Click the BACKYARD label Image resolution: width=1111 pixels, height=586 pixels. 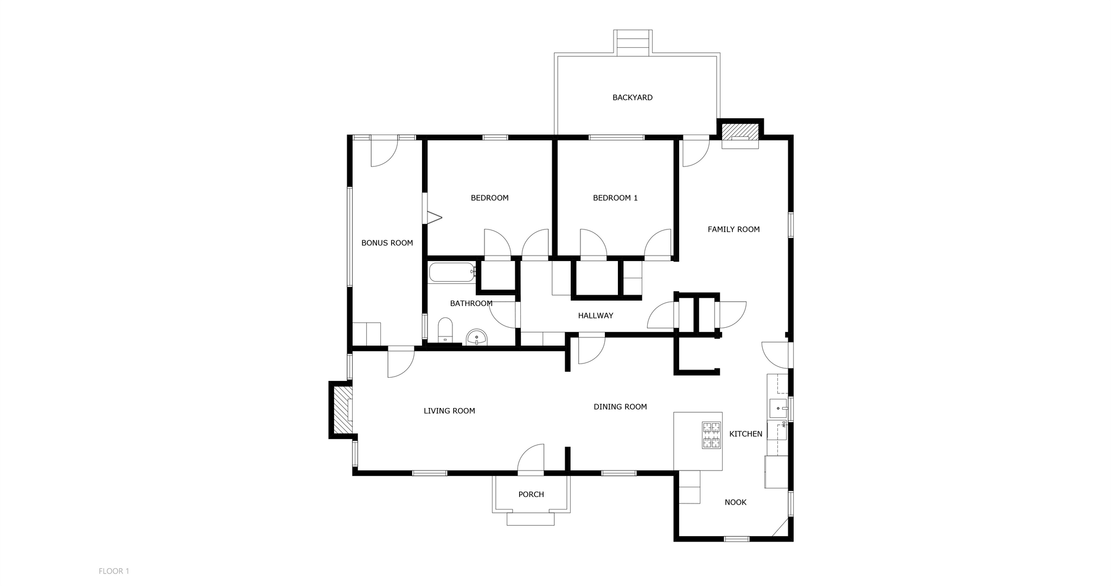pos(633,98)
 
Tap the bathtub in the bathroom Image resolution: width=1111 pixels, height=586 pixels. pos(451,272)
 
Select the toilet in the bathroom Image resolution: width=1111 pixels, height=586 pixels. pos(445,330)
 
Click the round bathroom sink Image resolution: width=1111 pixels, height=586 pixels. pos(477,337)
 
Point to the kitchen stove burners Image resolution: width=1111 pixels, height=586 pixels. pos(712,435)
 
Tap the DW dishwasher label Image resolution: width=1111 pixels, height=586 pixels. pos(783,424)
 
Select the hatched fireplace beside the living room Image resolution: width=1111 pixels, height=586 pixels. pos(341,410)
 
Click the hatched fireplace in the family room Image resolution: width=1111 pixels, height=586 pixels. pos(740,132)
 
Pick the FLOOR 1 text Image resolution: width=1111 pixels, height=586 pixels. pos(114,571)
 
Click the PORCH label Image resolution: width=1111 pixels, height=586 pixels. pos(531,494)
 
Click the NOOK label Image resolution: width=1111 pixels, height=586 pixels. pos(735,502)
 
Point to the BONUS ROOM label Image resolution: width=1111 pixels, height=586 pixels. pos(387,243)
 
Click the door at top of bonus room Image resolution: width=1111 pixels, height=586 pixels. pos(384,153)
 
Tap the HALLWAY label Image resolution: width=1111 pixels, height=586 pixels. pos(595,316)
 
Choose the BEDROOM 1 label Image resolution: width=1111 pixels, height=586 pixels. pos(615,198)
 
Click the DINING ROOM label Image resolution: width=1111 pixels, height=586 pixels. pos(620,407)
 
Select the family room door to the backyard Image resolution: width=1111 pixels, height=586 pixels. pos(695,152)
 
